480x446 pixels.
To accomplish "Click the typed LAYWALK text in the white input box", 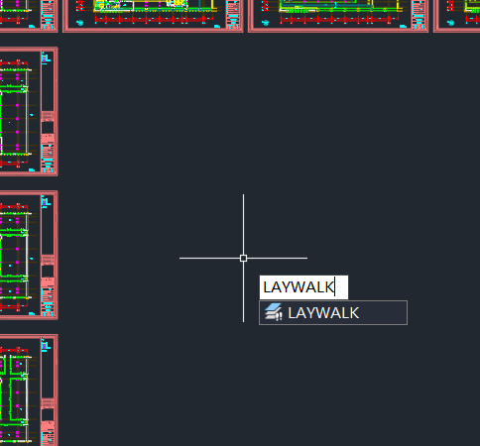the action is (x=298, y=287).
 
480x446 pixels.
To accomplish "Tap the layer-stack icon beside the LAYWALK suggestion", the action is (x=274, y=312).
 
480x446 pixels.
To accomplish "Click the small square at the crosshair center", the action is (x=243, y=258).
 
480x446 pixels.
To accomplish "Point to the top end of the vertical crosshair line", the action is (x=243, y=194).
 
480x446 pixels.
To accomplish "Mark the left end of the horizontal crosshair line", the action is (x=180, y=258).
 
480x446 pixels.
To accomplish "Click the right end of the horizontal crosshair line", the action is (x=307, y=258).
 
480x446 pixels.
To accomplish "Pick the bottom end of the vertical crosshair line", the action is (x=243, y=321).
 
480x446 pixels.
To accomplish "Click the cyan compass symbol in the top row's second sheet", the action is (x=79, y=23).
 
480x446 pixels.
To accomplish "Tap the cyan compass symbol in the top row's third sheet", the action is (x=265, y=23).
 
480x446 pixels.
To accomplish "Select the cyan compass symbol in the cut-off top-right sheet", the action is (x=450, y=23).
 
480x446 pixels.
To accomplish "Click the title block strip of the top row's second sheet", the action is (x=233, y=14).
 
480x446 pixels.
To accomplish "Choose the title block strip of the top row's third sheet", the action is (x=419, y=14).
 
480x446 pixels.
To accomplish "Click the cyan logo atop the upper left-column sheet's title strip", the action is (x=46, y=57).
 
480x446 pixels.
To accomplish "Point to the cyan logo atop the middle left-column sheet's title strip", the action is (x=46, y=201).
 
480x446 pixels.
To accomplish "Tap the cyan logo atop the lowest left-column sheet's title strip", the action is (x=46, y=345).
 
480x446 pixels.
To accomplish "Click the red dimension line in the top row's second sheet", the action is (x=150, y=20).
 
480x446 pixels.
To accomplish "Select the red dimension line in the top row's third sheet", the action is (x=335, y=20).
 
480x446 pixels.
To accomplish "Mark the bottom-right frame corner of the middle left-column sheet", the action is (x=58, y=319).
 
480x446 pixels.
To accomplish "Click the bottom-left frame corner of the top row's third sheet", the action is (x=249, y=32).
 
